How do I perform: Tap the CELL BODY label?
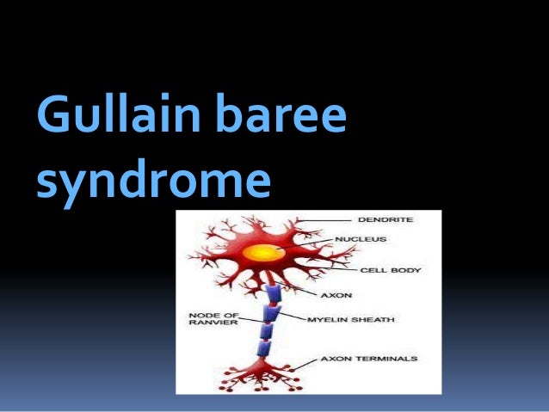click(389, 270)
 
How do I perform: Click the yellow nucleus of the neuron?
click(261, 253)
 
